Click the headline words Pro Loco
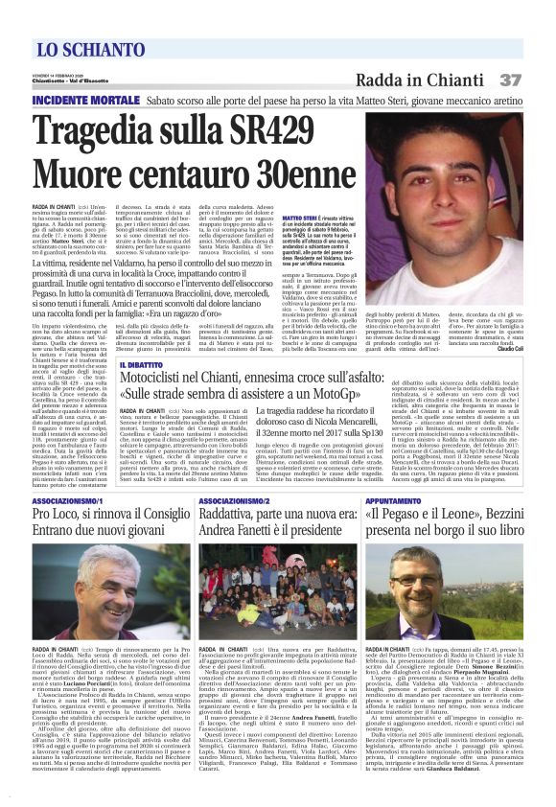pyautogui.click(x=64, y=519)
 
